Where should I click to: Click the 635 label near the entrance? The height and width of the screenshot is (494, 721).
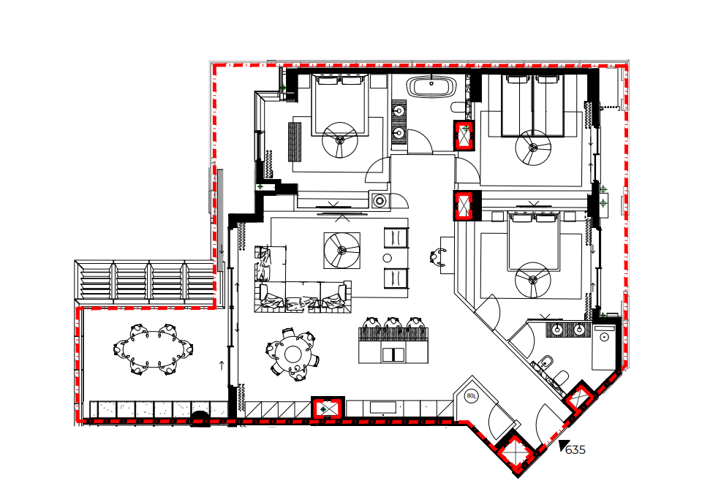(575, 449)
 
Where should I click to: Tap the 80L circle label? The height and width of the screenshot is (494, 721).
(472, 395)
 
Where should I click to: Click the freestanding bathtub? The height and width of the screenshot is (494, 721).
(431, 86)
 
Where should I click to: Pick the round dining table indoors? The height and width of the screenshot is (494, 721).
(292, 354)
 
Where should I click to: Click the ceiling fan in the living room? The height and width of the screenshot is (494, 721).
(341, 251)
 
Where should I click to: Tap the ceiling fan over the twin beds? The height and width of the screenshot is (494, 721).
(533, 148)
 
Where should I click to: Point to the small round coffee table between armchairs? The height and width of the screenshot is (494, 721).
(387, 258)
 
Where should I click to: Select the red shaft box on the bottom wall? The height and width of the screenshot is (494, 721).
(328, 408)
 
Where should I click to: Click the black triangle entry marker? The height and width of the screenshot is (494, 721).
(562, 445)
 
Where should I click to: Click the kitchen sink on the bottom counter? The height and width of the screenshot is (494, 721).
(383, 407)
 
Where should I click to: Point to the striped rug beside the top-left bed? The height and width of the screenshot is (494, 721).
(295, 142)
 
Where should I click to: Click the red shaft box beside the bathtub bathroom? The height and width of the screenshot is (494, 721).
(464, 136)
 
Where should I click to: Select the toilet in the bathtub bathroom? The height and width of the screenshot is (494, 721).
(458, 107)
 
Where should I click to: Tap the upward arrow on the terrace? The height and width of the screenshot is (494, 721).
(221, 365)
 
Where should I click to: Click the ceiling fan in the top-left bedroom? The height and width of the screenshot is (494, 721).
(340, 140)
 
